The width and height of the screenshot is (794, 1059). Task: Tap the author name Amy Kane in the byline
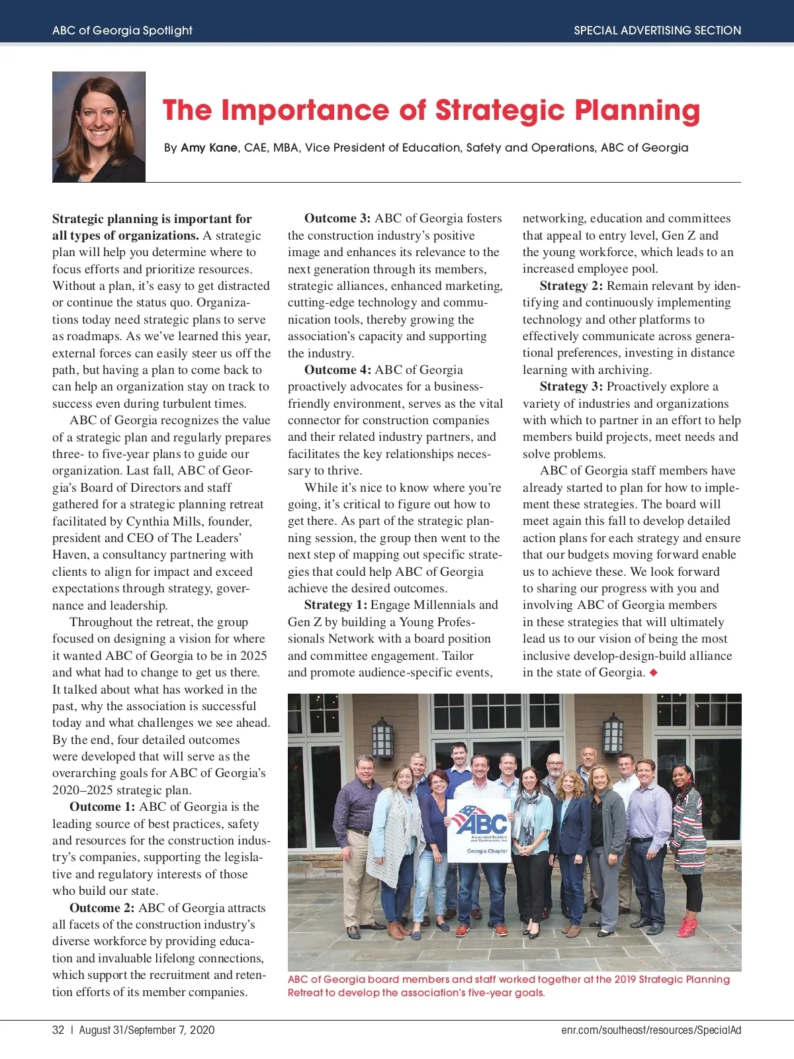click(209, 148)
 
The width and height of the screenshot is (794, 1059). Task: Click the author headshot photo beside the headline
click(99, 126)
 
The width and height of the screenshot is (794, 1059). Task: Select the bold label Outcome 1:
click(103, 807)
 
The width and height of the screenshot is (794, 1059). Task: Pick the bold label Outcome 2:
click(102, 908)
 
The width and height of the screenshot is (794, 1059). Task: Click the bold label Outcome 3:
click(337, 218)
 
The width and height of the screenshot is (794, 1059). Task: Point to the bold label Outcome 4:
click(337, 370)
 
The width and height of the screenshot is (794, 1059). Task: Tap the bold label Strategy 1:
click(335, 605)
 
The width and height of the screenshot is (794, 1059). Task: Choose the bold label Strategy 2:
click(571, 286)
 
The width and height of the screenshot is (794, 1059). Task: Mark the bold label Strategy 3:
click(571, 387)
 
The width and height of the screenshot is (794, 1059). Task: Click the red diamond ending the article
click(654, 672)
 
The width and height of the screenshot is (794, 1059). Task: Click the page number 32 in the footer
click(58, 1030)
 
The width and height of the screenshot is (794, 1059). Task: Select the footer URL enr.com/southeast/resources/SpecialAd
click(651, 1030)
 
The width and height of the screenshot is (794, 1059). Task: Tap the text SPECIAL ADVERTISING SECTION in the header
click(657, 30)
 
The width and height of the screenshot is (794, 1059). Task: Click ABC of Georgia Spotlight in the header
click(122, 30)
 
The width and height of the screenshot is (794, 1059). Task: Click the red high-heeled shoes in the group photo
click(686, 927)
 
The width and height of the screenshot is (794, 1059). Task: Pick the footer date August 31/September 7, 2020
click(147, 1030)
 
